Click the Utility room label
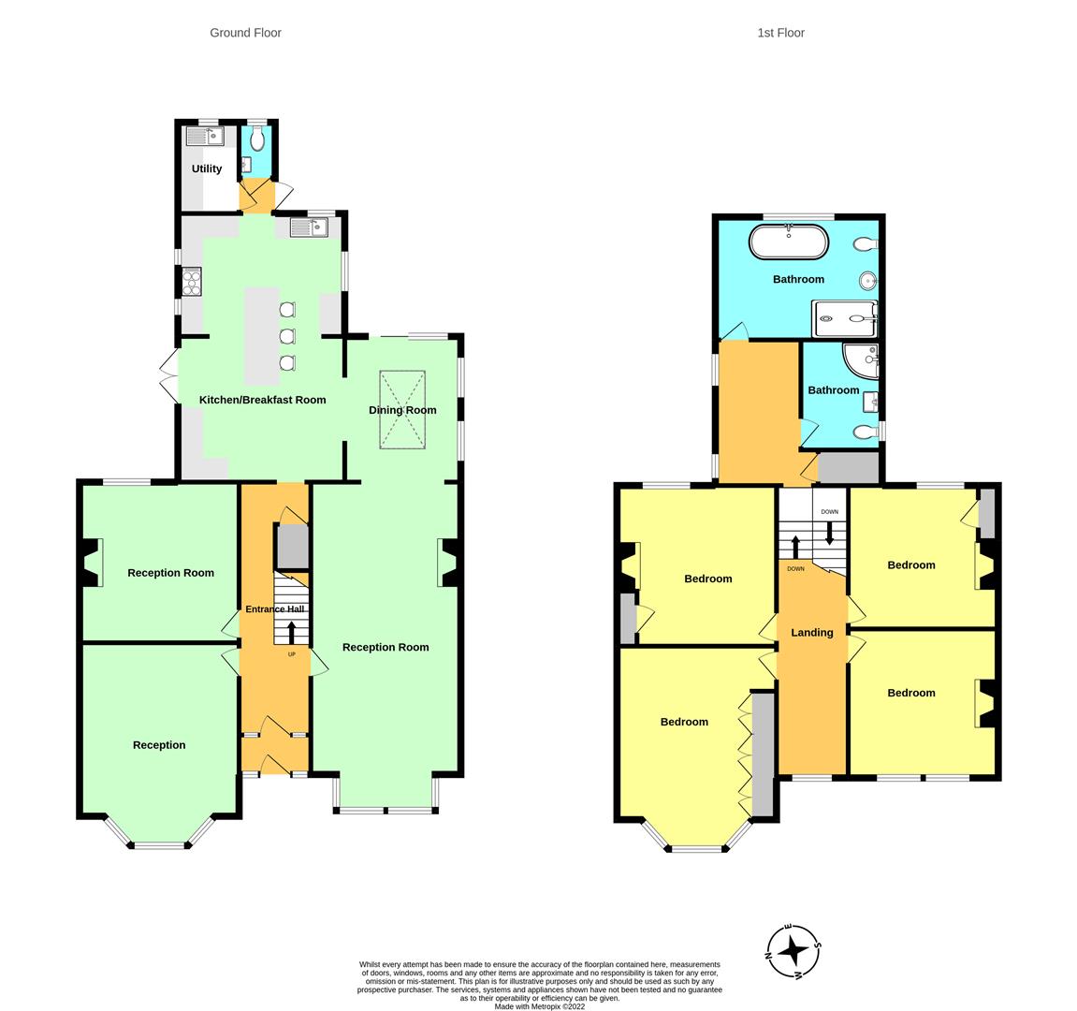(207, 168)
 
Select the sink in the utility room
(205, 136)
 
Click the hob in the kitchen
(192, 281)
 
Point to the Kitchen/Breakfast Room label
(262, 400)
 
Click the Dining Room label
(402, 410)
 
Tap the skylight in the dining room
(402, 410)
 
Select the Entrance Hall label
(275, 608)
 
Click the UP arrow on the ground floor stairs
(291, 632)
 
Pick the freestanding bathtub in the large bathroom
(789, 242)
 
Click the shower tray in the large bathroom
(844, 318)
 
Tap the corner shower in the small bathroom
(861, 360)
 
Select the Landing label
(812, 632)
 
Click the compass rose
(793, 951)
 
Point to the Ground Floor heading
(245, 33)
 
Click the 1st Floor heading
(781, 33)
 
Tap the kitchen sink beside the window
(309, 227)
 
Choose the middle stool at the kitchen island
(287, 336)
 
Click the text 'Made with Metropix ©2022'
(540, 1007)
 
